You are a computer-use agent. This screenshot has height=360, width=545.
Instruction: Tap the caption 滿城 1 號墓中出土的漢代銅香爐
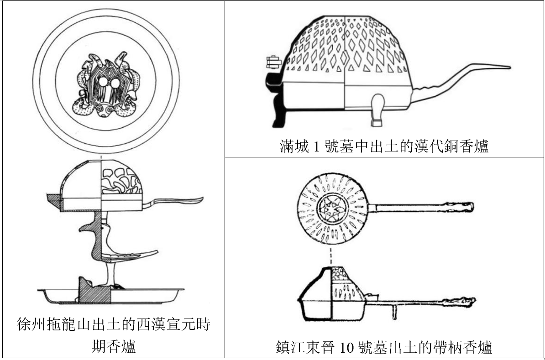coord(384,147)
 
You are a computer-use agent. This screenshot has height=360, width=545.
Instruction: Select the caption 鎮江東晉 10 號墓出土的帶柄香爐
coord(384,347)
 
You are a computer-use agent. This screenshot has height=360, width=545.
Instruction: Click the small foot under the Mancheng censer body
coord(377,110)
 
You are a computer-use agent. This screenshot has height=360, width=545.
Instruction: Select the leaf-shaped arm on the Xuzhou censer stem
coord(132,254)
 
